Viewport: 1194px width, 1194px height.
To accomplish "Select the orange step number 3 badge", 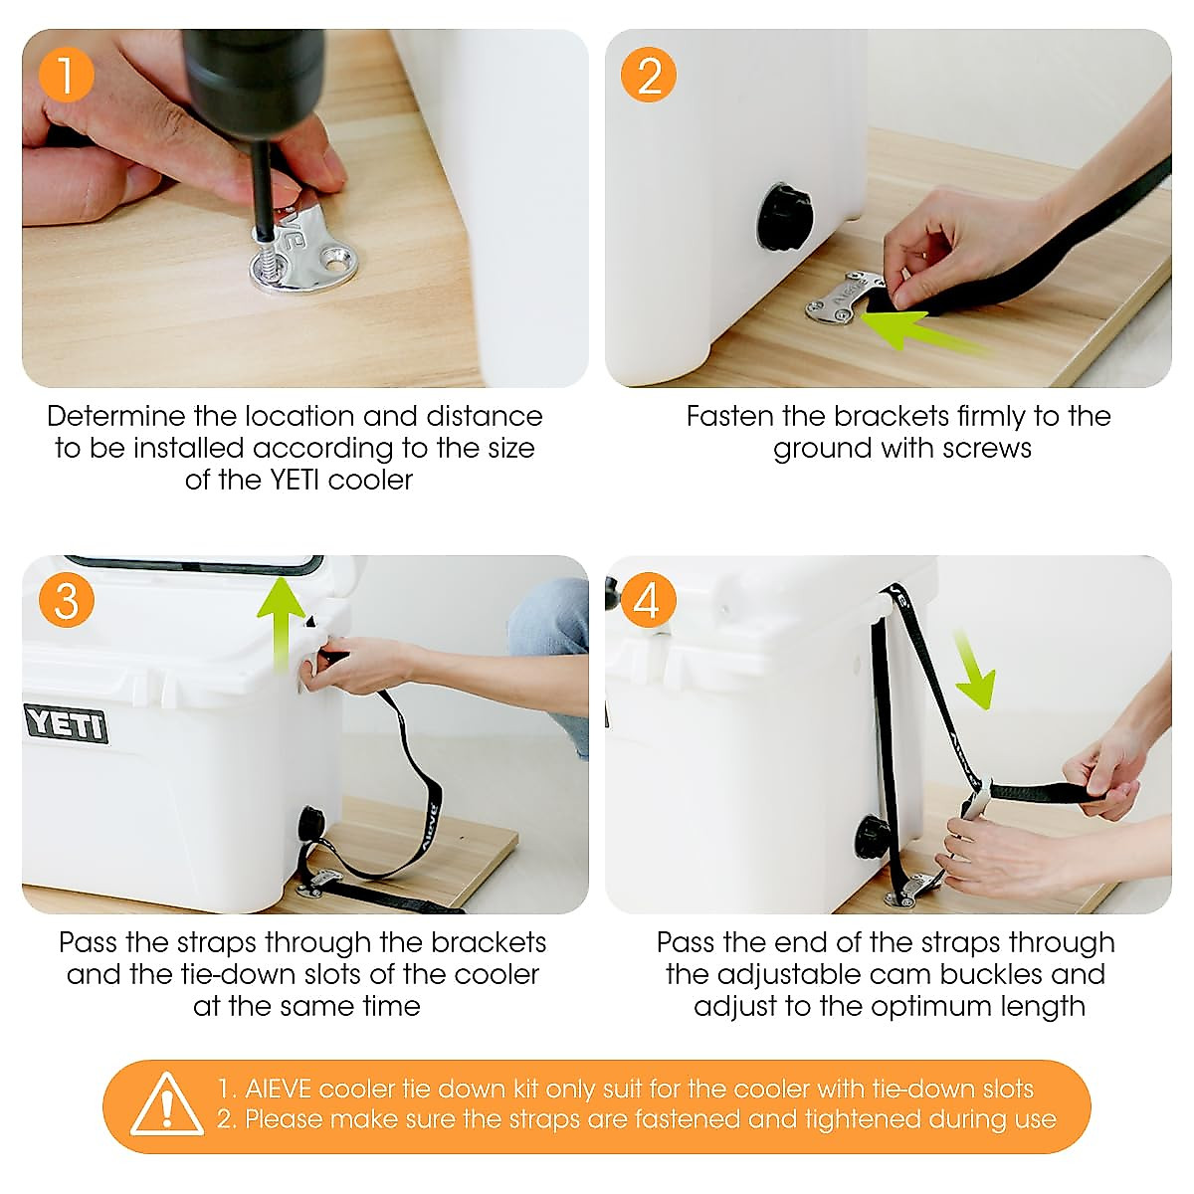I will [66, 601].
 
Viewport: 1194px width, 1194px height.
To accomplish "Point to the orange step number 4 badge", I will [647, 601].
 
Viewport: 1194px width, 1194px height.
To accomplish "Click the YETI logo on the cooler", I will [66, 723].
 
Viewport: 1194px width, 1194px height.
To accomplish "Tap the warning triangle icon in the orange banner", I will [166, 1105].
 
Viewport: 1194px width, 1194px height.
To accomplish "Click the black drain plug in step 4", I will [874, 836].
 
